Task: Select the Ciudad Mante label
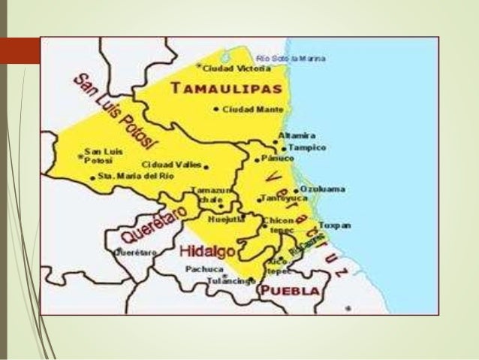click(242, 109)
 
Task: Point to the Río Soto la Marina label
click(291, 58)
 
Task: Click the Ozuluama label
click(324, 189)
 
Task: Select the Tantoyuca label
click(276, 198)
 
